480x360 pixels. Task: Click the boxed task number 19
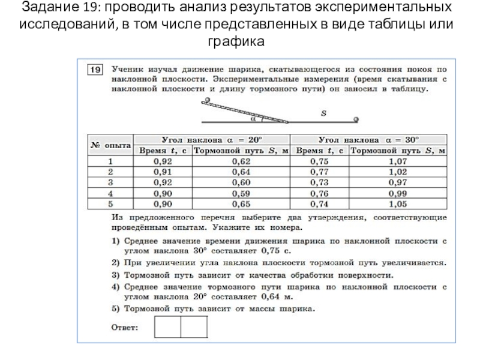coord(95,70)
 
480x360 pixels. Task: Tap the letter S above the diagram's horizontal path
coord(323,112)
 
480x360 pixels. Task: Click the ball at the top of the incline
coord(207,100)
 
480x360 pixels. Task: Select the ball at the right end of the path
coord(358,119)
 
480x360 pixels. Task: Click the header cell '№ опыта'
coord(110,145)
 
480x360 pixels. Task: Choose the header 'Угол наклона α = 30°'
coord(370,139)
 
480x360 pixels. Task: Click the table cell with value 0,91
coord(161,172)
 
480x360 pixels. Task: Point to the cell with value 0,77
coord(320,172)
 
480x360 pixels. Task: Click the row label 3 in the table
coord(110,182)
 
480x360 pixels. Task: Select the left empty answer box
coord(168,327)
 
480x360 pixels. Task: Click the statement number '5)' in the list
coord(115,310)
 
